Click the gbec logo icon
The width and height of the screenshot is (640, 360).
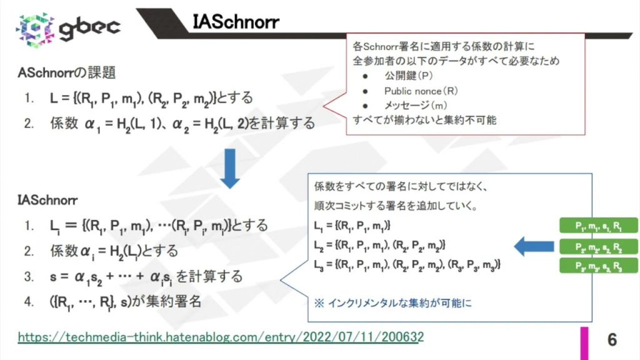click(36, 27)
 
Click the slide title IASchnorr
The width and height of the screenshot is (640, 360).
click(236, 22)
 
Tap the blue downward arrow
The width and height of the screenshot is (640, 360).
click(231, 167)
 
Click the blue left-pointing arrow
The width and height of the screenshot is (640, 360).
click(531, 247)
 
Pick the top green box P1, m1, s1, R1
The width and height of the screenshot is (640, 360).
click(597, 226)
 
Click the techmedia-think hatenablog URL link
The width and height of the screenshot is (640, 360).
click(221, 337)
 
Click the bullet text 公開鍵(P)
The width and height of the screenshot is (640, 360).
click(408, 76)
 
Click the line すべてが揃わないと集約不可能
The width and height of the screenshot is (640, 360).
click(424, 119)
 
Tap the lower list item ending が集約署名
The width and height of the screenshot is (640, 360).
click(125, 301)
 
